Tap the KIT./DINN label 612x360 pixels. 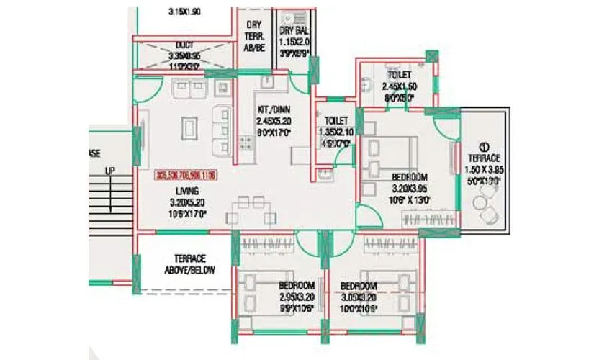click(274, 109)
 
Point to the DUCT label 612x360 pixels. click(184, 45)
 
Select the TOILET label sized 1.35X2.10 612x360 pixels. click(336, 120)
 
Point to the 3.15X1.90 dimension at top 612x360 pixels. click(184, 12)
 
